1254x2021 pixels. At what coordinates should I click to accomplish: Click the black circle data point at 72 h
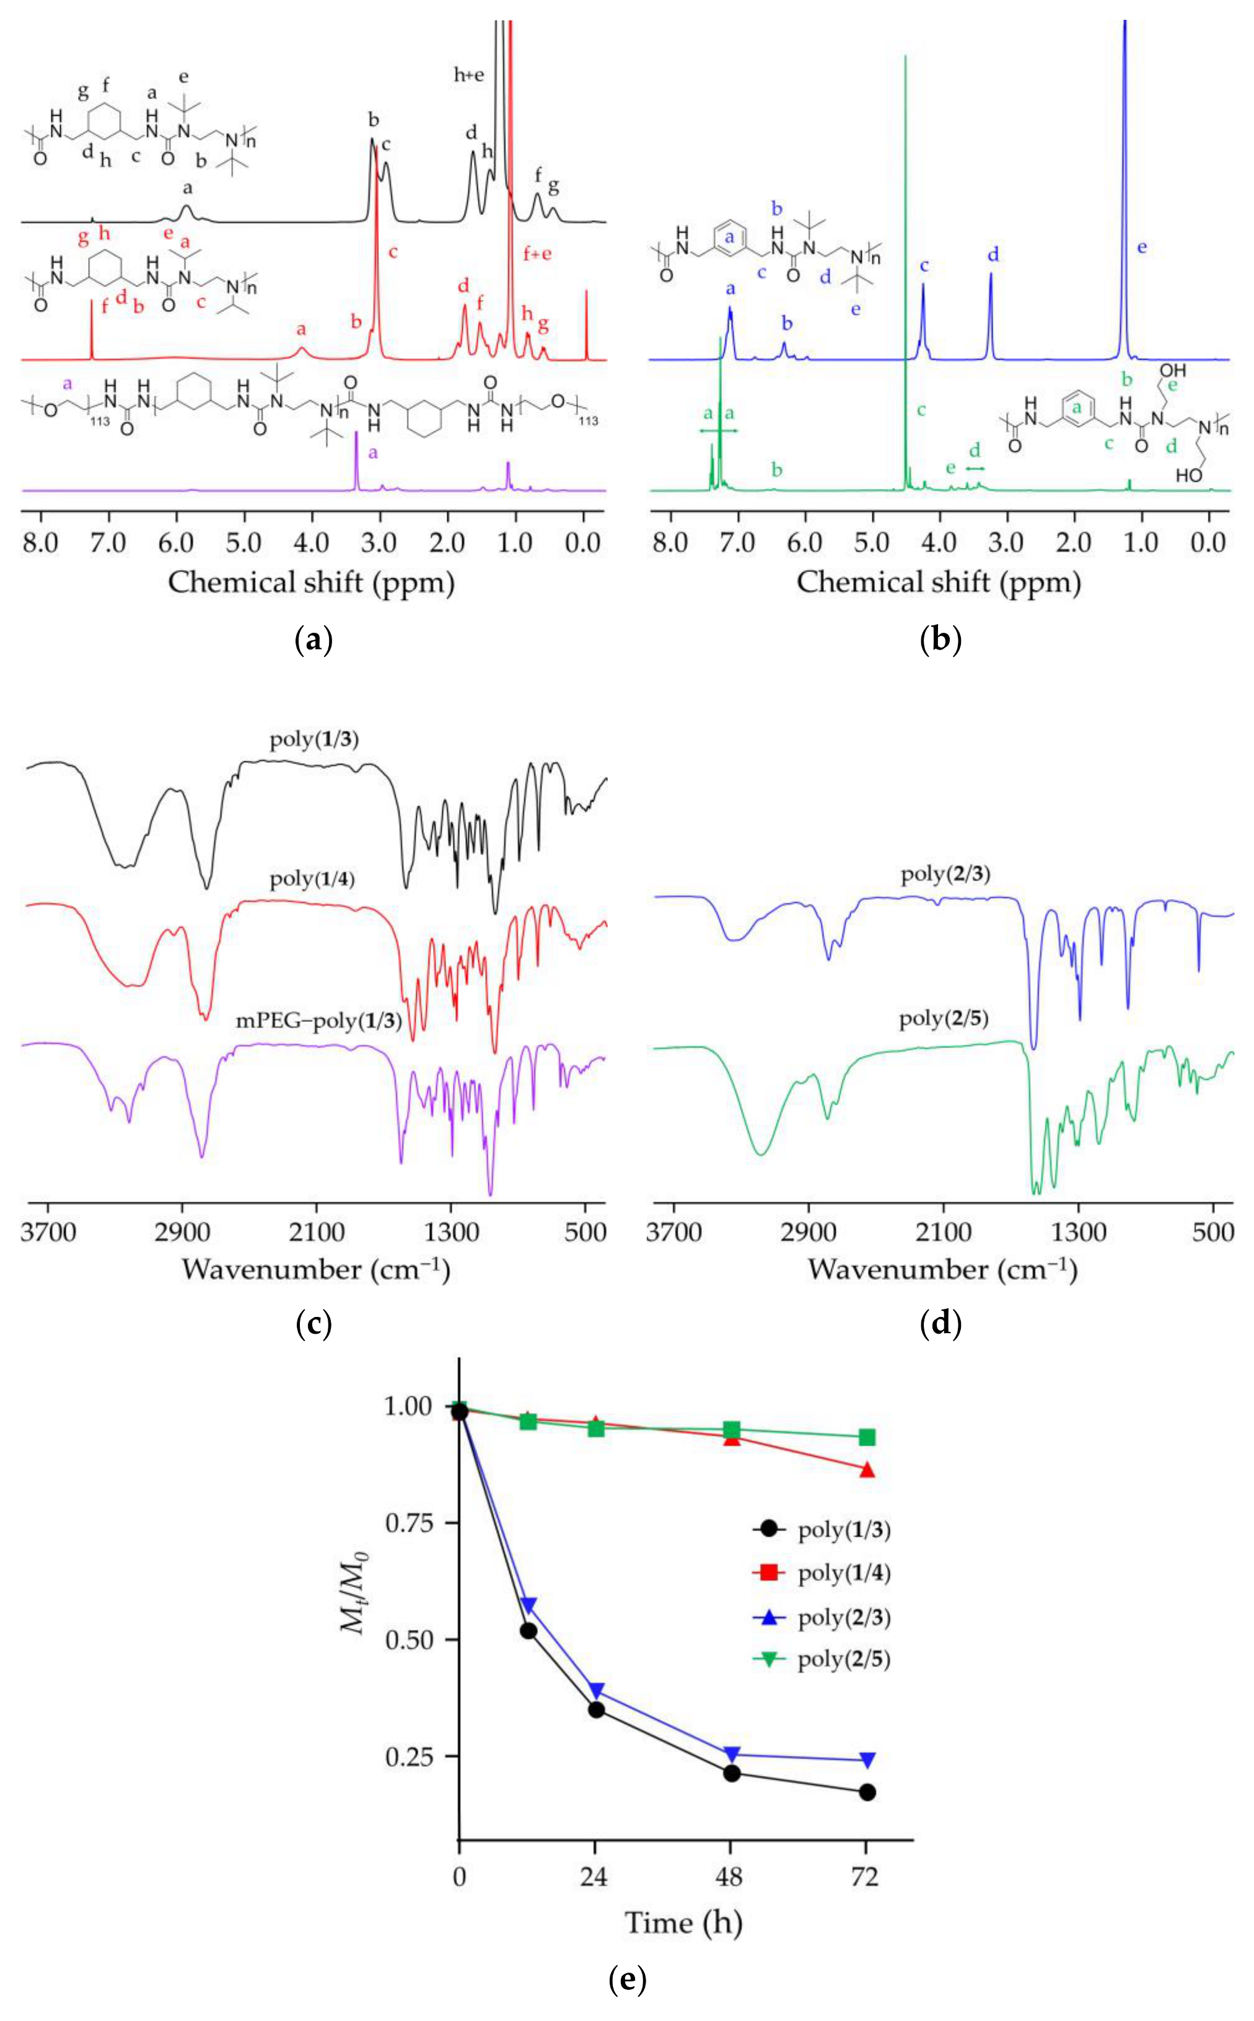[867, 1792]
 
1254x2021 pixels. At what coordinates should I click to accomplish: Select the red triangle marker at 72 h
[867, 1470]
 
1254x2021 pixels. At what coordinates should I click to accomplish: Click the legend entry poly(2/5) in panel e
[843, 1659]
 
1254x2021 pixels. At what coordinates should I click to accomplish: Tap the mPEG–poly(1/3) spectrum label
[318, 1021]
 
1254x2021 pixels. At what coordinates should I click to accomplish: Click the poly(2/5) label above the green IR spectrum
[944, 1018]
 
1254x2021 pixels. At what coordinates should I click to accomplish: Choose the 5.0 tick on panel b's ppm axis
[872, 544]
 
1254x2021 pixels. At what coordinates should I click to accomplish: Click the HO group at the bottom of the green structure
[1188, 475]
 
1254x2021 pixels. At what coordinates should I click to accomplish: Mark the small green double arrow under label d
[975, 469]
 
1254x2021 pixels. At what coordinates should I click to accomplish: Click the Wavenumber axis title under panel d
[942, 1269]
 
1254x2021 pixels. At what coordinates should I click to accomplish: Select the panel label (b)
[940, 640]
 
